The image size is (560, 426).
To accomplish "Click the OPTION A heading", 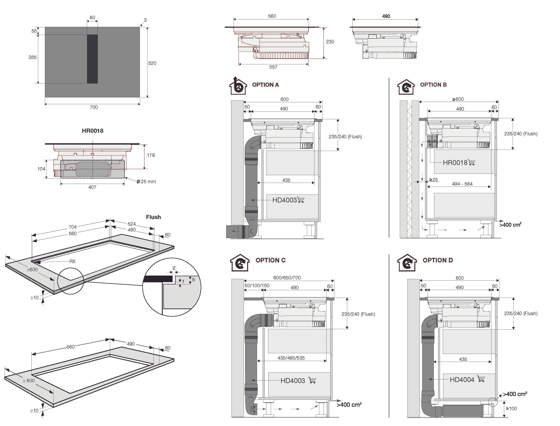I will pos(265,85).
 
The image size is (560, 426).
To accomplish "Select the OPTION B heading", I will pos(433,85).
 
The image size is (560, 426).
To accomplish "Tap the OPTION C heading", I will pos(270,260).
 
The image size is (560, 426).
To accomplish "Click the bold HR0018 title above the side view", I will pos(93,131).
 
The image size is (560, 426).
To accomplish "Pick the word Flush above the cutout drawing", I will pos(153,217).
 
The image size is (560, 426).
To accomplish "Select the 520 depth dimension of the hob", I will pos(152,63).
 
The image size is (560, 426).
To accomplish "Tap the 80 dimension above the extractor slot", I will pos(92,18).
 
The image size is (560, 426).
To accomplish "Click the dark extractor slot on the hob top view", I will pos(92,59).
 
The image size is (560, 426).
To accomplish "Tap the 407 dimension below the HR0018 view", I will pos(92,187).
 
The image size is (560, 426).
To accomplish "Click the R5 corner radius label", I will pos(72,261).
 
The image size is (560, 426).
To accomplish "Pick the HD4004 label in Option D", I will pos(462,380).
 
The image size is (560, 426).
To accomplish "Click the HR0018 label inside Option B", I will pos(455,163).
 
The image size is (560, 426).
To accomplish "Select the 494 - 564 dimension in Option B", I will pos(462,184).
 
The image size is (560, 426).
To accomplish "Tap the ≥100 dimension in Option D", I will pos(511,408).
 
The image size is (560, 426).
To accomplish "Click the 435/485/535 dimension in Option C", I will pos(291,358).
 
